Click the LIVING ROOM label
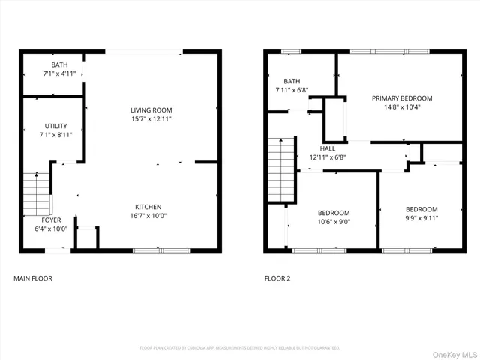[x=151, y=109]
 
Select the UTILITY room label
[x=55, y=126]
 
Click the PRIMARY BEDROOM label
[x=402, y=98]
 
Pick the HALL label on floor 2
[x=328, y=148]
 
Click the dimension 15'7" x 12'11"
[x=151, y=119]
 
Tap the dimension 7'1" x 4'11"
[x=59, y=74]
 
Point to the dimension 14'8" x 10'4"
[x=402, y=107]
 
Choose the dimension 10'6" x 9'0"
[x=334, y=221]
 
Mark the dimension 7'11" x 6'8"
[x=292, y=90]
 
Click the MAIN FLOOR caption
[x=33, y=278]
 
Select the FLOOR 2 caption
[x=277, y=278]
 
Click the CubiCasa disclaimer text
[x=240, y=348]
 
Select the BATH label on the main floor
[x=59, y=65]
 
